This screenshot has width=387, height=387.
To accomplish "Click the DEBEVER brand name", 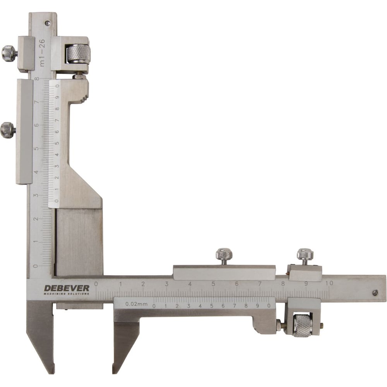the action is [x=67, y=288].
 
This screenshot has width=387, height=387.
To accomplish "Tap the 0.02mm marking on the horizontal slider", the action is [x=136, y=304].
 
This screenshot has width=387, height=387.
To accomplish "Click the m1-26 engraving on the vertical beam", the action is [x=42, y=53].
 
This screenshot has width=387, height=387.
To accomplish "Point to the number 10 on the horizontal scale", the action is [x=329, y=283].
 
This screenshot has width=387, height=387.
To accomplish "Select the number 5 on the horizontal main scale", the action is [x=213, y=284].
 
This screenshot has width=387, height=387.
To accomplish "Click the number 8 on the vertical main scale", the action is [x=37, y=79].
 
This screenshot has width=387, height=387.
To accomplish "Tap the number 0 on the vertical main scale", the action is [x=36, y=266].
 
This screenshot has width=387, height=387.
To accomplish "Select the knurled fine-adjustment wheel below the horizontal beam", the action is [x=303, y=325].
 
